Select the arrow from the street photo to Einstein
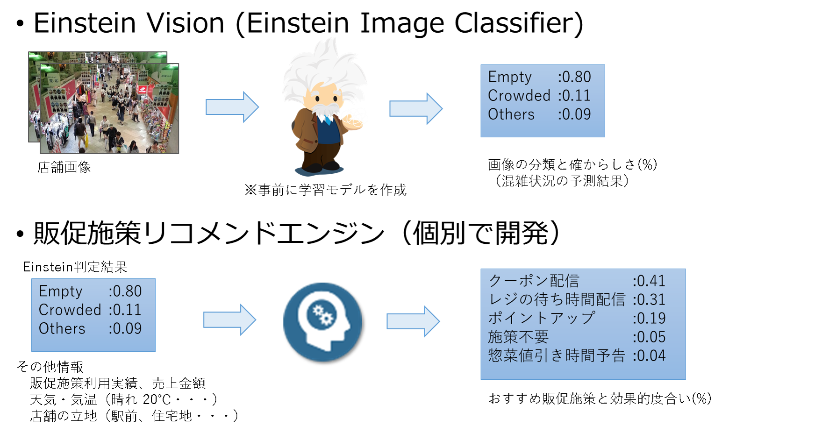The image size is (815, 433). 232,107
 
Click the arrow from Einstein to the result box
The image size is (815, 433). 415,108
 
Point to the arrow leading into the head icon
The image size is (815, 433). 229,319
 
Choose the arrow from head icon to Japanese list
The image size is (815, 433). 413,321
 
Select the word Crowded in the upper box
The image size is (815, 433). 519,96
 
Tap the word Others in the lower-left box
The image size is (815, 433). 62,329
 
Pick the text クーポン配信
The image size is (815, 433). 534,281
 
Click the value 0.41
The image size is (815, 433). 650,281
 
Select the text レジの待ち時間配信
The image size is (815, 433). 556,299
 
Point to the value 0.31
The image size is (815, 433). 650,299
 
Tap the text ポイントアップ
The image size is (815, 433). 541,318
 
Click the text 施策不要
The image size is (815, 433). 518,337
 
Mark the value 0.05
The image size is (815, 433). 650,337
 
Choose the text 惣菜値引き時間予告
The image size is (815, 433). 556,355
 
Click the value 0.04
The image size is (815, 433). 650,355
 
